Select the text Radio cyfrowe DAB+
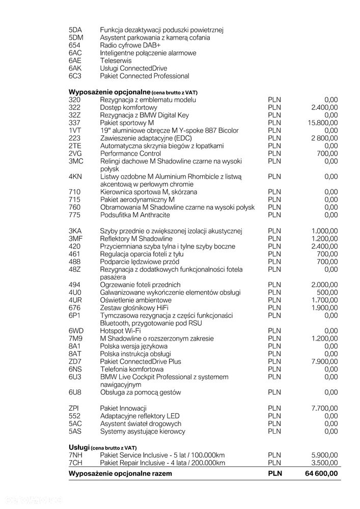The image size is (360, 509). click(x=129, y=45)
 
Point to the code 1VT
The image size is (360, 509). click(x=75, y=130)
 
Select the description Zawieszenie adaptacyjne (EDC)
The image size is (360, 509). click(x=147, y=138)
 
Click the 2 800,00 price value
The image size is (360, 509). click(x=324, y=138)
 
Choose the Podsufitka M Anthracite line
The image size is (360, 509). click(x=135, y=215)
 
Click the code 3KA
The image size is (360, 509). click(x=75, y=231)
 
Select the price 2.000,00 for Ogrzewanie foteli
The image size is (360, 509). click(x=324, y=285)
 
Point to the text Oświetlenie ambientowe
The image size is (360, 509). click(x=136, y=300)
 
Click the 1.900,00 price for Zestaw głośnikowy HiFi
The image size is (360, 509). click(x=324, y=307)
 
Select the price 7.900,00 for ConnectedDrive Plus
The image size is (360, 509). click(x=324, y=361)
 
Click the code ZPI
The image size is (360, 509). click(x=74, y=408)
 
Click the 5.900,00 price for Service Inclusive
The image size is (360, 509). click(x=324, y=455)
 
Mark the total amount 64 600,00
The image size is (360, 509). click(x=321, y=473)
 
